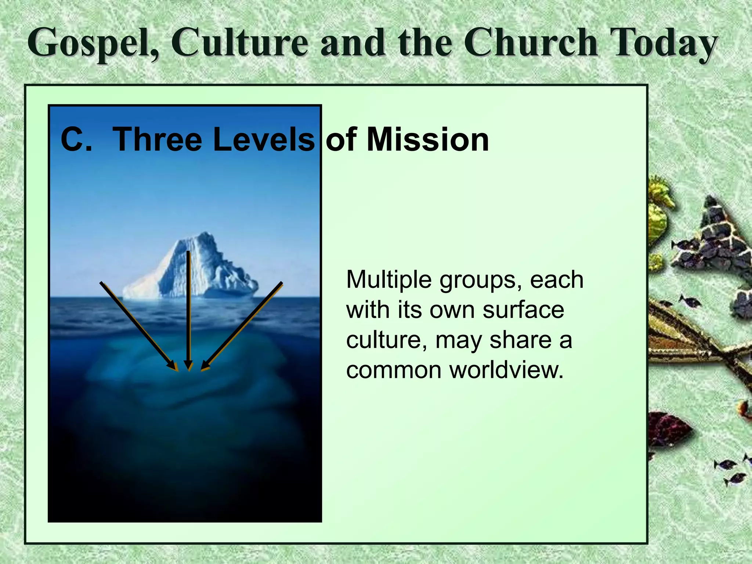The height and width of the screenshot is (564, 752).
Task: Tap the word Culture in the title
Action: [239, 43]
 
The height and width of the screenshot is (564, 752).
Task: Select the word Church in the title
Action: [531, 43]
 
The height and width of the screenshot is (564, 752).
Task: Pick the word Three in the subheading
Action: [157, 140]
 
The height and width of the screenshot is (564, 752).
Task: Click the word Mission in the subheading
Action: [428, 140]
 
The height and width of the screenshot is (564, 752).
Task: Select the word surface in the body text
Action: [523, 310]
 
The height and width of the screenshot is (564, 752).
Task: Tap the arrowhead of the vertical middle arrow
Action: [188, 367]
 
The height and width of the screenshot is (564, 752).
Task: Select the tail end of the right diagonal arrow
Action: [281, 283]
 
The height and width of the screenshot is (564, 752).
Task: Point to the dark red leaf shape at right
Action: [666, 430]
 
